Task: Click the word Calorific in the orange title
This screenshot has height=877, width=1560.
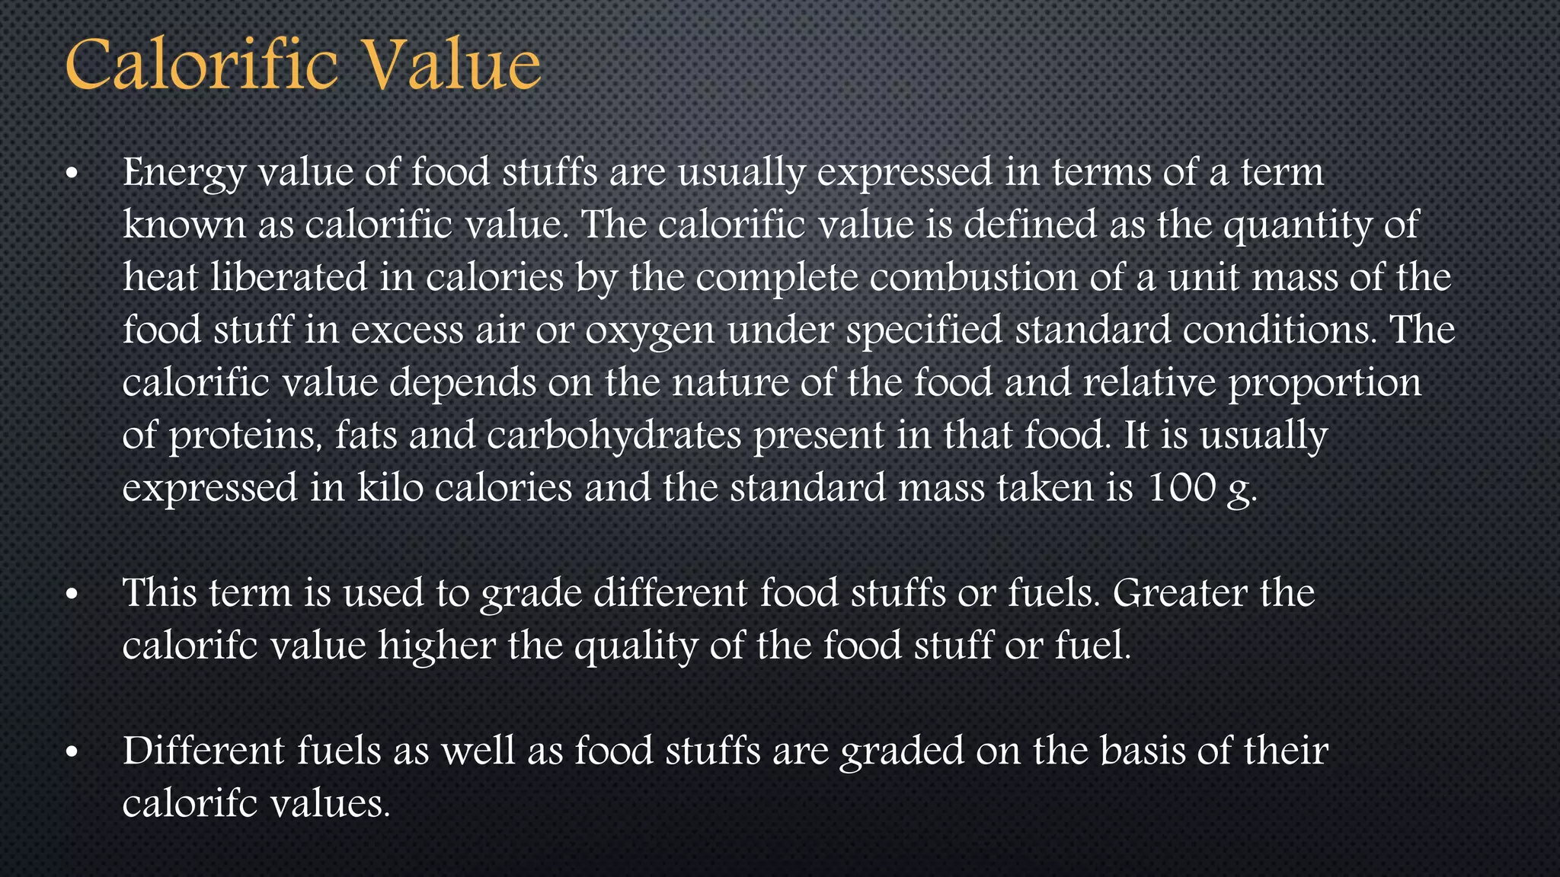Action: coord(201,65)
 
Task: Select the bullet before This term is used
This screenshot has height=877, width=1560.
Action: coord(72,595)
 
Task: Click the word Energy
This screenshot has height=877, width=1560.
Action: coord(184,173)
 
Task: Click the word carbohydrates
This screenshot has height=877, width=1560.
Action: coord(614,436)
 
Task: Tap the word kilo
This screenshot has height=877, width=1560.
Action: coord(390,487)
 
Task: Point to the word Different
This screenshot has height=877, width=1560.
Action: coord(203,751)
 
